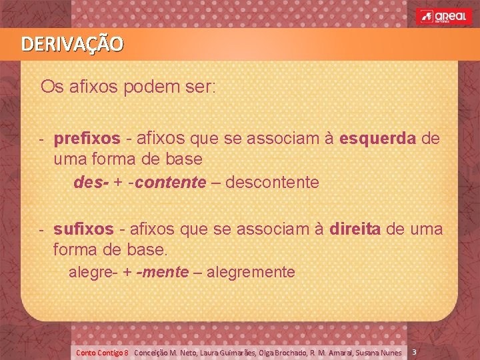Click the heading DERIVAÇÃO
(x=72, y=45)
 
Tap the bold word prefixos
(x=87, y=139)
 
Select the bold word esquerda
(x=378, y=139)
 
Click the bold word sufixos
(x=83, y=229)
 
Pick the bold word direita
(x=355, y=229)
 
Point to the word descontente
(x=273, y=182)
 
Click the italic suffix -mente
(x=162, y=272)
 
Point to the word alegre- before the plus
(x=91, y=272)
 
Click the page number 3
(x=414, y=351)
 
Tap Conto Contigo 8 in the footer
(x=102, y=352)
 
